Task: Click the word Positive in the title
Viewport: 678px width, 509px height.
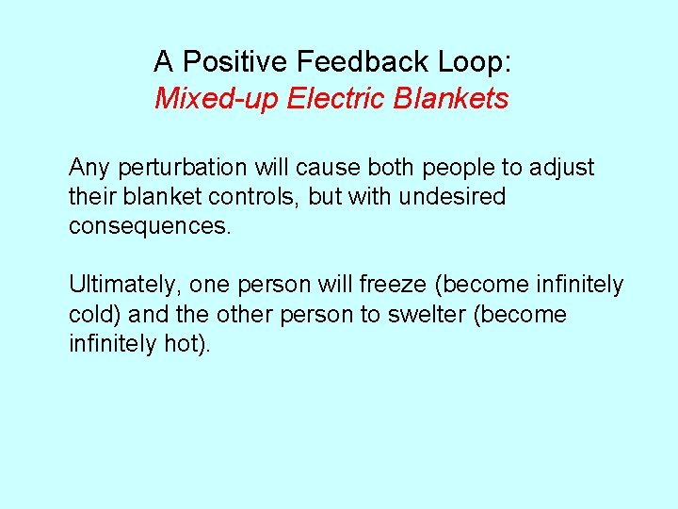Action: pyautogui.click(x=234, y=62)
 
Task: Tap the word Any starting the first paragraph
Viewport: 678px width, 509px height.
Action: pyautogui.click(x=89, y=169)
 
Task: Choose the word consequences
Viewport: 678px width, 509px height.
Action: pyautogui.click(x=149, y=227)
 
